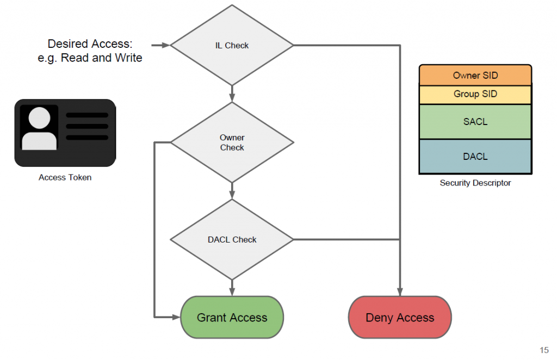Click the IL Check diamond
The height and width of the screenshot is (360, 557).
point(232,46)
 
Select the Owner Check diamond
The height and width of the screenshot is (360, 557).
point(232,143)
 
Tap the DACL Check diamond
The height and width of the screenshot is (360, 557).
point(232,239)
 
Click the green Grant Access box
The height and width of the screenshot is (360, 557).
point(232,318)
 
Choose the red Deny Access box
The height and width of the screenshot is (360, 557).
point(400,318)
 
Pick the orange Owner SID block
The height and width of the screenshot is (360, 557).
point(475,76)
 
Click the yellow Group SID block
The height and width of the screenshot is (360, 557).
point(475,94)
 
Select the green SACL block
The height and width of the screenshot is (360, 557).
point(475,122)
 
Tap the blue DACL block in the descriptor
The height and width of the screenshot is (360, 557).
point(475,157)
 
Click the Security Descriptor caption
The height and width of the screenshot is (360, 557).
point(475,183)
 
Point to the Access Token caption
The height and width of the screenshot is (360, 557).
point(65,177)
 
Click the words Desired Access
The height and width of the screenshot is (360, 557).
point(90,44)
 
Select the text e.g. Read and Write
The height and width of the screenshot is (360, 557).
point(90,58)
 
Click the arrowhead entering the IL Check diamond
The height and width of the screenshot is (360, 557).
point(166,46)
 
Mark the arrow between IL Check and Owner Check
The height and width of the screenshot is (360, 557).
point(232,94)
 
